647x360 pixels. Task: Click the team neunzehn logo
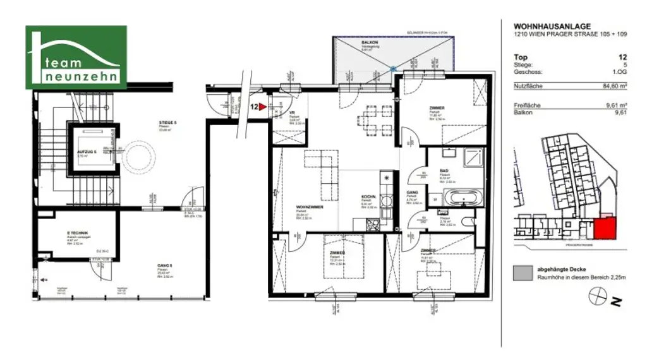click(76, 57)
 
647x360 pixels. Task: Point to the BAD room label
click(444, 171)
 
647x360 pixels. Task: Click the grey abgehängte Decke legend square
click(523, 272)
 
